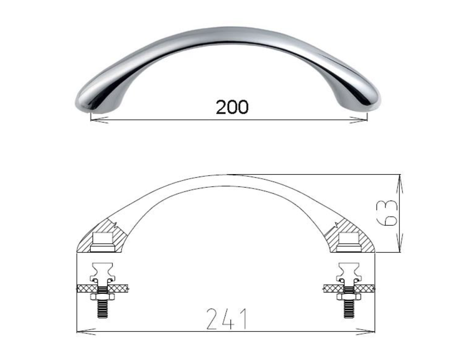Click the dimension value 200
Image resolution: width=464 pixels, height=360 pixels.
(x=232, y=107)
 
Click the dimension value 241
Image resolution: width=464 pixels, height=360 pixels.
(x=227, y=319)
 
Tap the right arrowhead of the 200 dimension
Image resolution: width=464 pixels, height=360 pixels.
(x=358, y=120)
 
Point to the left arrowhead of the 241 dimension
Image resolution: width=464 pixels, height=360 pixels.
(x=86, y=331)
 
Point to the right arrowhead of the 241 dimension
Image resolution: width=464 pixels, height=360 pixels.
(x=366, y=331)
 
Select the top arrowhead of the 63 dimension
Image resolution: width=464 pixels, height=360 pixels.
(x=400, y=184)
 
